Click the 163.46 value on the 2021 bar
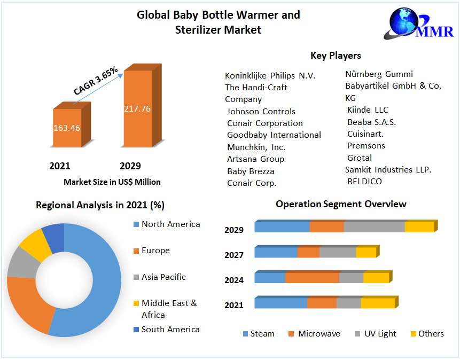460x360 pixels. click(x=67, y=128)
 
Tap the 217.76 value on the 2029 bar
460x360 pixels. click(x=137, y=109)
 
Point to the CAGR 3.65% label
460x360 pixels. click(x=96, y=81)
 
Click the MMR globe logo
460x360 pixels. click(x=419, y=24)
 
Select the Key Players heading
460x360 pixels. click(x=336, y=56)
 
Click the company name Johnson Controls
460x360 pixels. click(x=261, y=112)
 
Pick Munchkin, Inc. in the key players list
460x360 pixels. click(x=256, y=147)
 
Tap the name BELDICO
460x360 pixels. click(x=365, y=181)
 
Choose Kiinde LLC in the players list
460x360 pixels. click(x=368, y=109)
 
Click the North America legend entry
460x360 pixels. click(x=167, y=224)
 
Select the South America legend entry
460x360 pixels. click(x=166, y=329)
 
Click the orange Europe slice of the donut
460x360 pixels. click(x=28, y=302)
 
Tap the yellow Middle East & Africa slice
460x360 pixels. click(x=36, y=244)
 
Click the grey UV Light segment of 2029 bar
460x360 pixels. click(x=375, y=227)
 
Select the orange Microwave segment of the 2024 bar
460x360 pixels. click(x=312, y=278)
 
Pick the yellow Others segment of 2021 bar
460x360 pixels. click(x=378, y=303)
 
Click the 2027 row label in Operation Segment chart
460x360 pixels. click(x=234, y=255)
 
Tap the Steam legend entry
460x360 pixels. click(x=259, y=334)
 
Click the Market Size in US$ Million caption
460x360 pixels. click(x=112, y=182)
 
